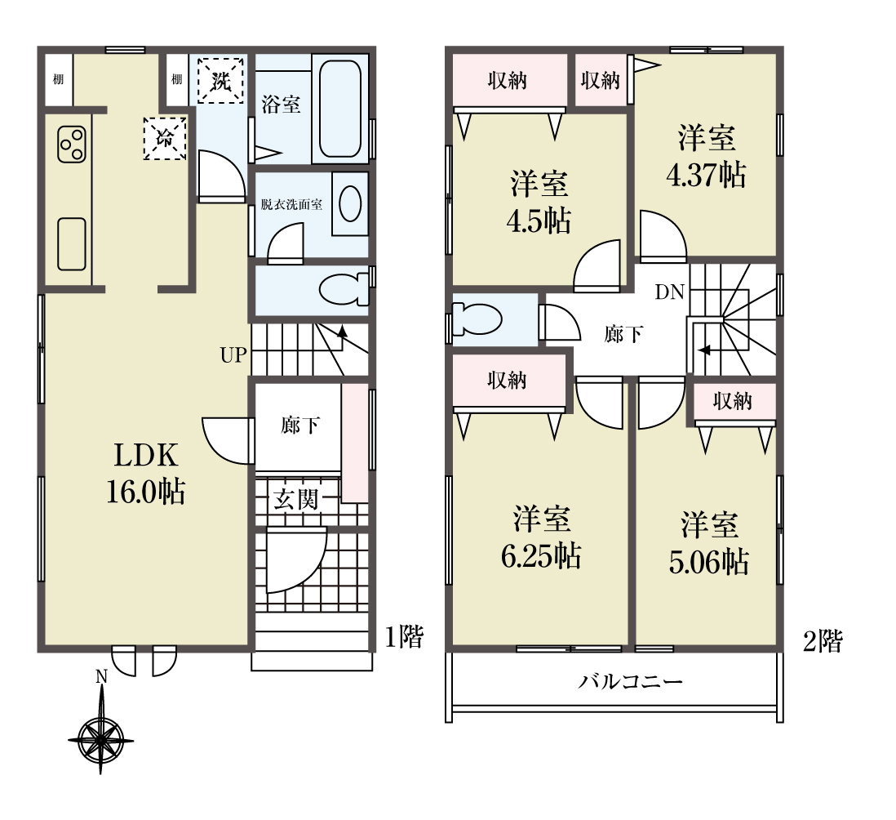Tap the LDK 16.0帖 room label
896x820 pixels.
pyautogui.click(x=146, y=473)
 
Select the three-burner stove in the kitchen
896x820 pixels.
pyautogui.click(x=72, y=144)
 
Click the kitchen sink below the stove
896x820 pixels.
pyautogui.click(x=72, y=244)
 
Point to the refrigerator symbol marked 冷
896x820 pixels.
pyautogui.click(x=165, y=138)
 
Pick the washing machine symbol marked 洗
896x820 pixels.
pyautogui.click(x=220, y=81)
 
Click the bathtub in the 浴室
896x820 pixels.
pyautogui.click(x=340, y=109)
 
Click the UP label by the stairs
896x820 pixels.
pyautogui.click(x=233, y=355)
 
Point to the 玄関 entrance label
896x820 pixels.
pyautogui.click(x=295, y=500)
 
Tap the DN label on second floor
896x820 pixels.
pyautogui.click(x=670, y=292)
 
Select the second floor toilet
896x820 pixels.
pyautogui.click(x=477, y=319)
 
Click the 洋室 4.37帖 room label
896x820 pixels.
pyautogui.click(x=707, y=156)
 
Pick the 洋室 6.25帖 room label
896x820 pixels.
pyautogui.click(x=541, y=537)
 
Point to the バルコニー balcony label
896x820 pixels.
pyautogui.click(x=630, y=682)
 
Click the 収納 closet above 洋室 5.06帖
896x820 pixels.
pyautogui.click(x=733, y=401)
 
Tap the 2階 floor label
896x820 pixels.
pyautogui.click(x=823, y=641)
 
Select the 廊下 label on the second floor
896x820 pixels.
pyautogui.click(x=623, y=334)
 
